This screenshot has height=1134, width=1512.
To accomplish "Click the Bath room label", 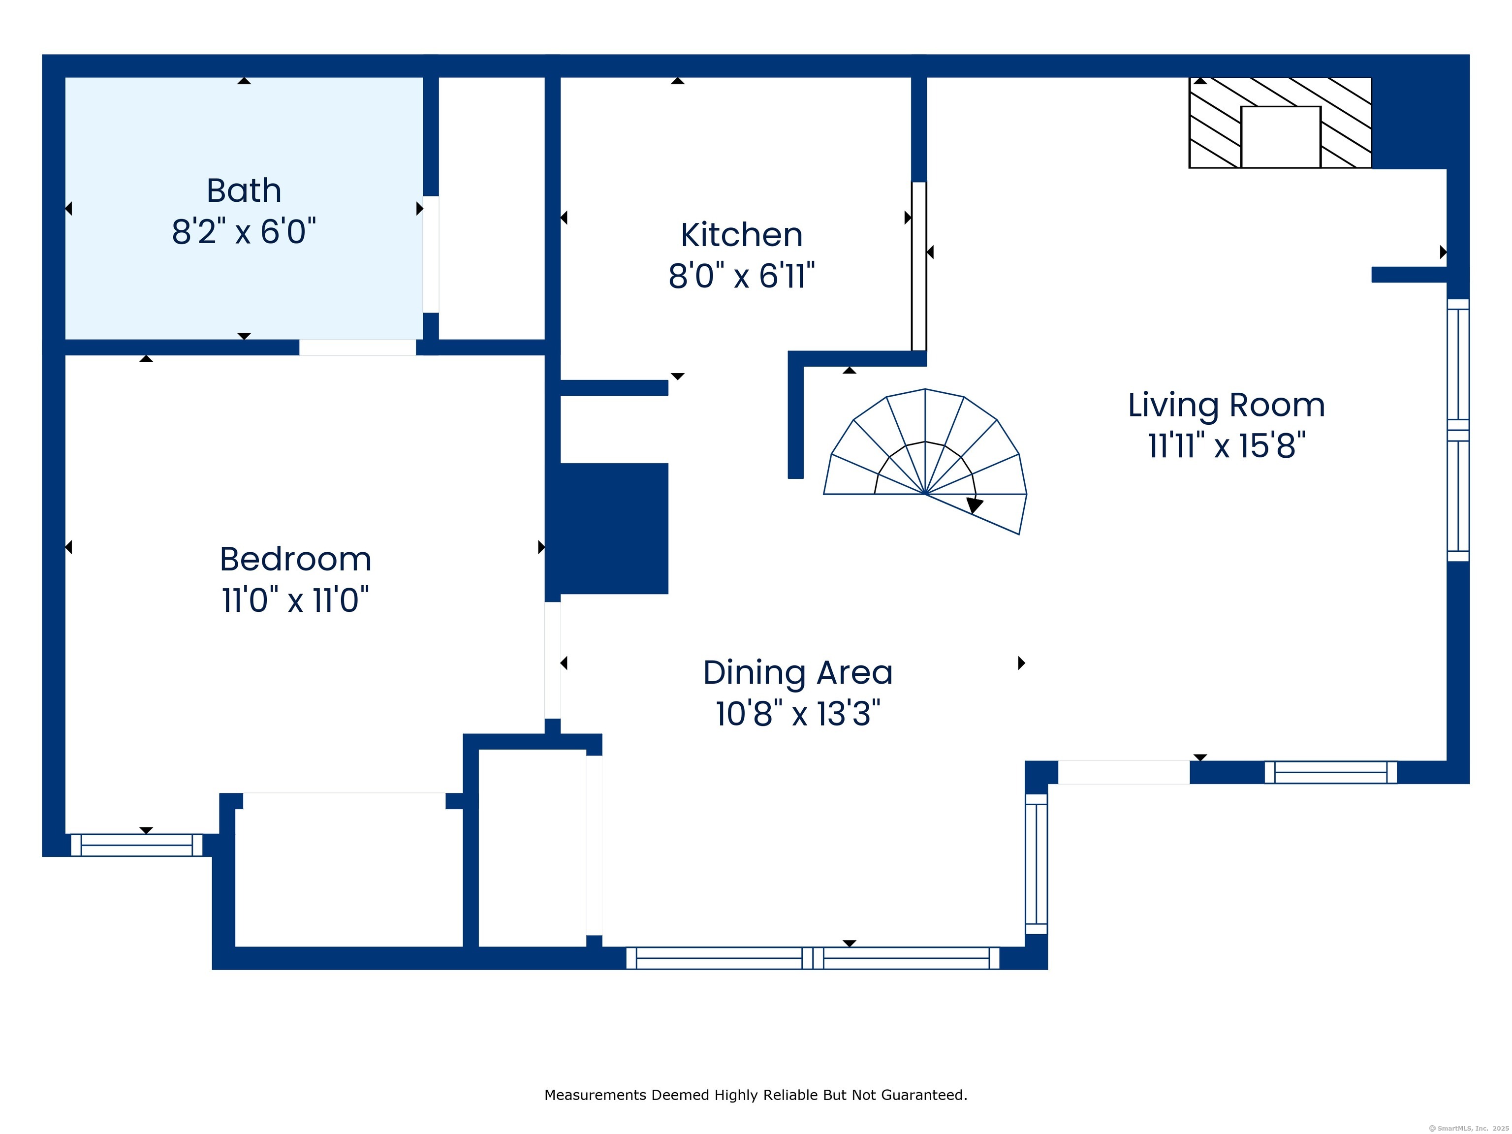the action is pos(244,190).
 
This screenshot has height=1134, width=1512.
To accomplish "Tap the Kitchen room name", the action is pos(742,235).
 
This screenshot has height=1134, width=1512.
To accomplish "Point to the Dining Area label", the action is pos(798,673).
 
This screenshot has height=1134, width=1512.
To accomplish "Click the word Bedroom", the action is pos(295,560).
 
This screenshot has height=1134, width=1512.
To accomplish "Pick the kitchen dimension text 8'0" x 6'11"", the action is pos(742,276).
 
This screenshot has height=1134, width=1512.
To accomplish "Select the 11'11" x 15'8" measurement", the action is pos(1226,445).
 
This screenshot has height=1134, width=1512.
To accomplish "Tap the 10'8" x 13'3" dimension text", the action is pos(798,714).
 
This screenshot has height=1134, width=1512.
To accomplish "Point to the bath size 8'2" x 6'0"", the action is pos(244,232).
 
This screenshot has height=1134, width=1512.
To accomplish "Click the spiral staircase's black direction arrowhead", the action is pos(975,505).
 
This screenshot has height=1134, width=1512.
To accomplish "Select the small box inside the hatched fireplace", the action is pos(1280,137).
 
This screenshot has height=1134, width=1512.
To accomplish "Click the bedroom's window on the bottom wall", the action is pos(137,845).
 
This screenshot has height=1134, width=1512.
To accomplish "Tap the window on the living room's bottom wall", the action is pos(1330,772).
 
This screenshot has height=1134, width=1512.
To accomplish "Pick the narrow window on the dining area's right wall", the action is pos(1036,864).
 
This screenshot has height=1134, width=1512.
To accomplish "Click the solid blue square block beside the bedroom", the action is pos(613,529).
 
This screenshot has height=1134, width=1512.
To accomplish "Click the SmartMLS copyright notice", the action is pos(1468,1128).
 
